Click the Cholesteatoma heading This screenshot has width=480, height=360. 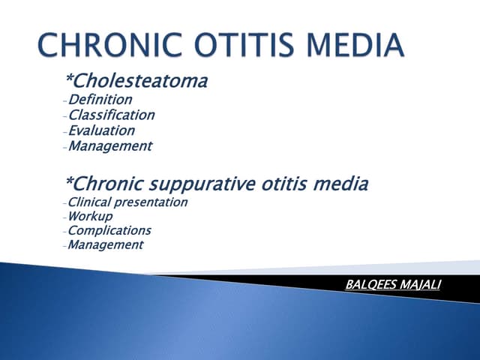(142, 81)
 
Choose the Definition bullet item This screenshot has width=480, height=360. (100, 99)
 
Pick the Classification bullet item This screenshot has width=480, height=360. (111, 115)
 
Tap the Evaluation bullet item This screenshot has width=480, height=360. (101, 130)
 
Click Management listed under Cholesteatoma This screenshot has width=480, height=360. (109, 146)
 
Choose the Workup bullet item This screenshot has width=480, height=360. (90, 216)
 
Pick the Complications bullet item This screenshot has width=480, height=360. (109, 231)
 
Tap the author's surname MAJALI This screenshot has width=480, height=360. (422, 285)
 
